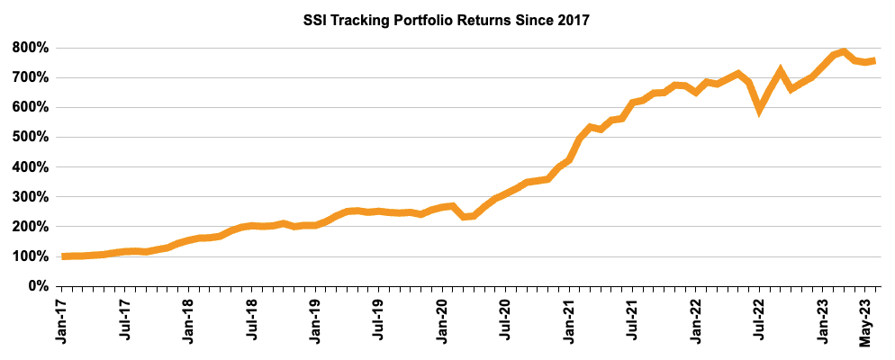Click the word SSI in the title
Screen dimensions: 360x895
coord(316,21)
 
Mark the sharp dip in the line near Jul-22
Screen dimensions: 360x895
coord(761,111)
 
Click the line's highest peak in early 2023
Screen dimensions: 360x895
coord(844,51)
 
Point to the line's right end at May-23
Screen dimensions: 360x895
coord(874,60)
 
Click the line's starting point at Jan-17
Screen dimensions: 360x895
coord(63,256)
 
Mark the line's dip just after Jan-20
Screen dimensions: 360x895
coord(463,217)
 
